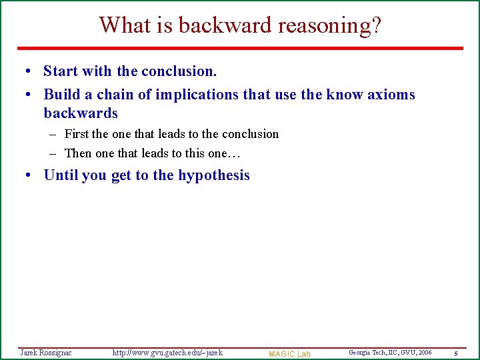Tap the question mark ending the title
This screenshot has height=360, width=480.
point(376,25)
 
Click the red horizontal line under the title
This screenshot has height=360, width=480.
point(240,48)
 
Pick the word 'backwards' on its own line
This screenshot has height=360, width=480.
point(81,113)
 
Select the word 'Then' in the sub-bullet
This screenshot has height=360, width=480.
point(78,153)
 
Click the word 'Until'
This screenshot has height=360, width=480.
point(61,175)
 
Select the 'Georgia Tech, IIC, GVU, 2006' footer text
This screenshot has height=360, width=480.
point(390,352)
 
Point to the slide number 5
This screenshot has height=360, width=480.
point(455,353)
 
